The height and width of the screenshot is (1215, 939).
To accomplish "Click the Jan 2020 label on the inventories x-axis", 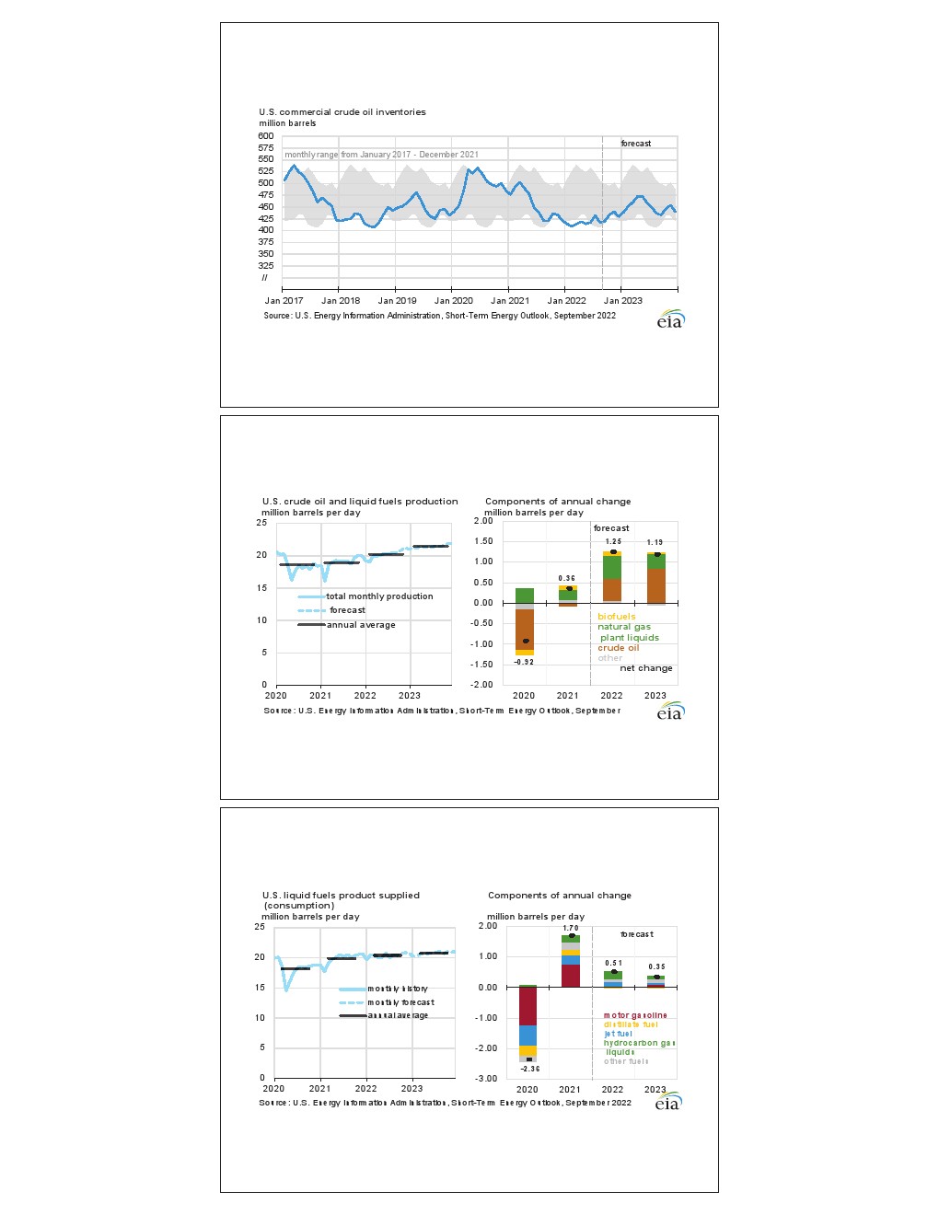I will click(x=453, y=301).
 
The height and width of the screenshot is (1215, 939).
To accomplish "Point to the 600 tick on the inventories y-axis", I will click(x=265, y=136).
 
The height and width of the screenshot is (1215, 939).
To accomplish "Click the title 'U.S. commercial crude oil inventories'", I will click(x=342, y=112).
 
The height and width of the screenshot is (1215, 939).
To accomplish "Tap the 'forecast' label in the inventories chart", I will click(x=635, y=144).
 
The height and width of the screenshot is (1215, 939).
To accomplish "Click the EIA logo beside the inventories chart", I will click(x=670, y=320).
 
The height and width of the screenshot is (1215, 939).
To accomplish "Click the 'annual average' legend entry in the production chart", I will click(x=361, y=625).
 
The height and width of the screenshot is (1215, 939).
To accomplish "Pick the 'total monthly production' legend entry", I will click(x=379, y=596).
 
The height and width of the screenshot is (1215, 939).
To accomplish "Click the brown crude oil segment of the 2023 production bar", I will click(x=655, y=584).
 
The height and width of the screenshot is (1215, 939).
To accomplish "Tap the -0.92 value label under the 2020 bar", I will click(x=524, y=663).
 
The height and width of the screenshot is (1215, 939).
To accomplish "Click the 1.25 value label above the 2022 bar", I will click(x=612, y=542).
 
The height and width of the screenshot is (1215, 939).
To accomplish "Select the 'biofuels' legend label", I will click(x=616, y=617).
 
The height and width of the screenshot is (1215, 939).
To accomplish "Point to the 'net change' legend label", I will click(x=645, y=668).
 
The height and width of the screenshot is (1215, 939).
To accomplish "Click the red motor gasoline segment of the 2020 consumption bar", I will click(x=527, y=1006).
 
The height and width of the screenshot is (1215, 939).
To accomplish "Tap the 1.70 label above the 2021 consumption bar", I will click(x=571, y=929).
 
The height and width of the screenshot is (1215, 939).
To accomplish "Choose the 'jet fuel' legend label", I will click(x=618, y=1034).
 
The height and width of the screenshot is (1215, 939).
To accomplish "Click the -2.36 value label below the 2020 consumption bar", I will click(x=530, y=1070).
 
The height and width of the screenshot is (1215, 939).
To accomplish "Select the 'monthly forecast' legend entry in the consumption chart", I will click(x=400, y=1002).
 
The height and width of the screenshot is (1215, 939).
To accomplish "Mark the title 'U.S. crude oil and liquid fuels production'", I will click(x=360, y=502).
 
